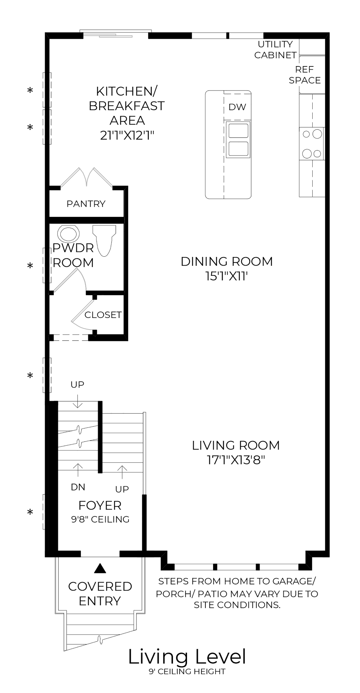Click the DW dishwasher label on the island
point(237,107)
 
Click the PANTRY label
point(86,204)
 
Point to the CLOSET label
point(103,315)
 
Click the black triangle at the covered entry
point(100,569)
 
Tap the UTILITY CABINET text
point(275,50)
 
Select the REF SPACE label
point(305,75)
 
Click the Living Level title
point(187,657)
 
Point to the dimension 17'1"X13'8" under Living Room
point(236,460)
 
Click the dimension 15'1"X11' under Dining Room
point(226,276)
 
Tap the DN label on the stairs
point(78,487)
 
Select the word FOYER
point(100,505)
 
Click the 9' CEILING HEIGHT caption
point(187,672)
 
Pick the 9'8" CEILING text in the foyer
point(100,519)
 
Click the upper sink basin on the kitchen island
point(237,131)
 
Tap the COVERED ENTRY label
point(100,594)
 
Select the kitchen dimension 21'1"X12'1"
point(127,135)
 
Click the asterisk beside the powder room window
point(30,266)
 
